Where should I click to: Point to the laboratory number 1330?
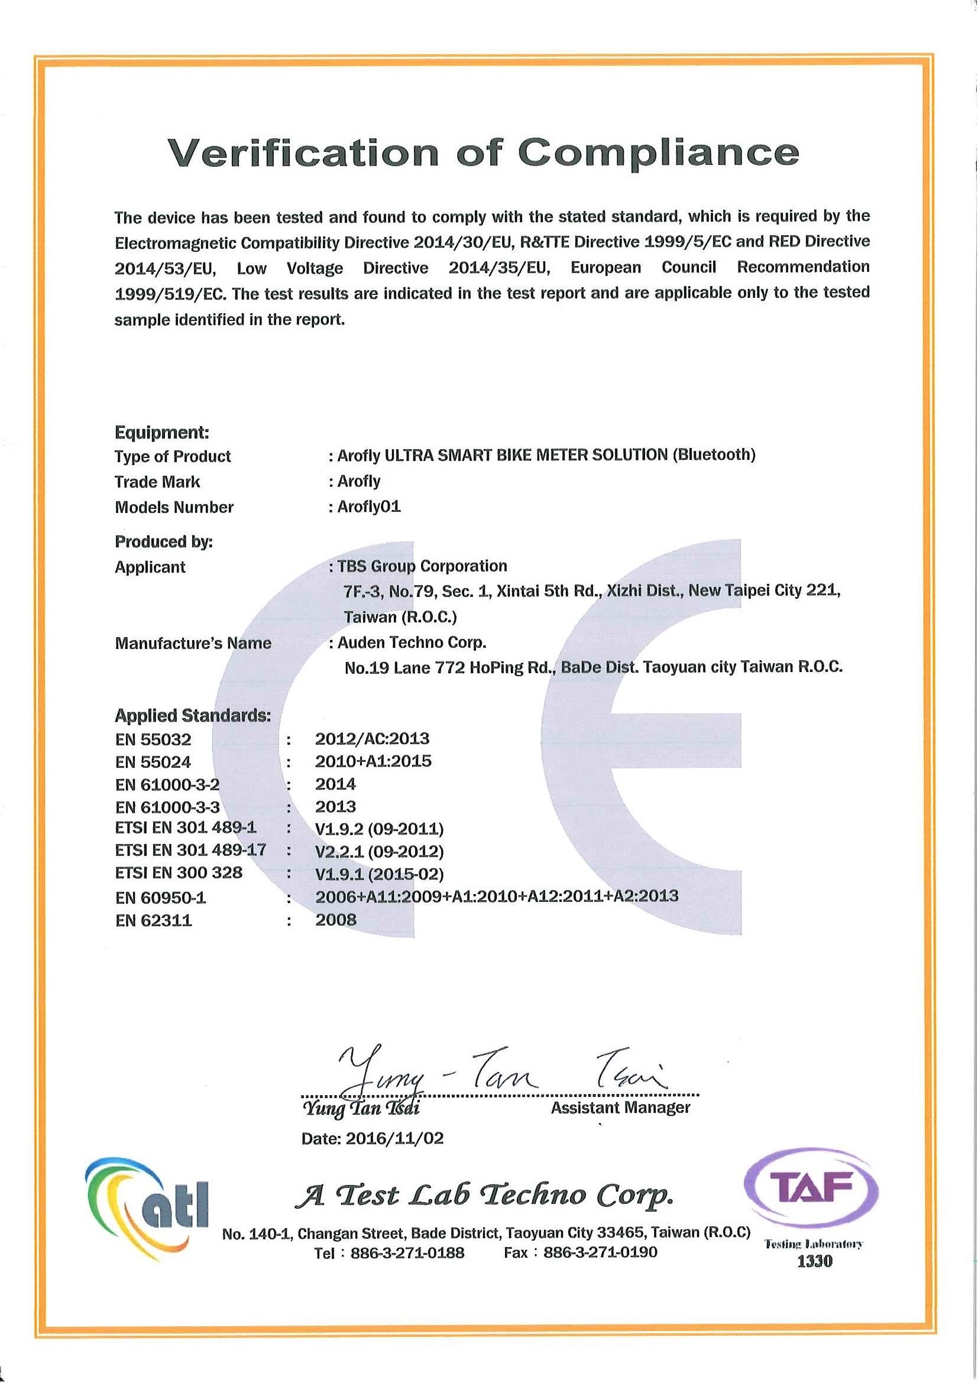[814, 1261]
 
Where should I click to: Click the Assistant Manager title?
[620, 1108]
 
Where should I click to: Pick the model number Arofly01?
[369, 507]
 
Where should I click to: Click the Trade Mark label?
[157, 482]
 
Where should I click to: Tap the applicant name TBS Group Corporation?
[422, 566]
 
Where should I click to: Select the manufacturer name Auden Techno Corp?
[412, 642]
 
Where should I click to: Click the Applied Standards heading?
[193, 716]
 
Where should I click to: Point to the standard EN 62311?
[154, 920]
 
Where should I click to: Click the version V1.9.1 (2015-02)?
[379, 874]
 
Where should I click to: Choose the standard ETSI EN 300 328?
[179, 873]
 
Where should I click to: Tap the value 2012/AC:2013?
[372, 738]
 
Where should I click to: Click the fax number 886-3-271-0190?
[600, 1253]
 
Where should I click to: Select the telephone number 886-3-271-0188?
[407, 1253]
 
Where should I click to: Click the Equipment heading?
[161, 432]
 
